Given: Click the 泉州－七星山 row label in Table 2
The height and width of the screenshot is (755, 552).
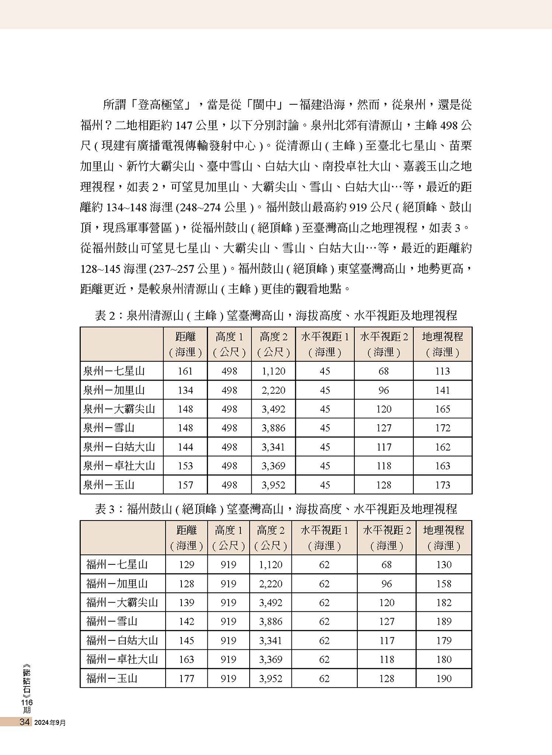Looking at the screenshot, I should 114,371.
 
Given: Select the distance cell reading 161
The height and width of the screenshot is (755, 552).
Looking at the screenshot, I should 185,371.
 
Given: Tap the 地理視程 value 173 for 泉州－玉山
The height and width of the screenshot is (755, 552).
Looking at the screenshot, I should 442,485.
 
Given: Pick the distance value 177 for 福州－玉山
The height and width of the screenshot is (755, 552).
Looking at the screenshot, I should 186,679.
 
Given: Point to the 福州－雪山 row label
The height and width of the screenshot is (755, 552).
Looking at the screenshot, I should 112,622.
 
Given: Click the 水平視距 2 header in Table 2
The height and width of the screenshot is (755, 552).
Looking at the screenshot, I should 383,344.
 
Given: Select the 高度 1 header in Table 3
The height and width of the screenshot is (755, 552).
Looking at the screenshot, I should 229,537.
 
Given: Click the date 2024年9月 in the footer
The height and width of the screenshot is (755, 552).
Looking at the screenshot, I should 50,723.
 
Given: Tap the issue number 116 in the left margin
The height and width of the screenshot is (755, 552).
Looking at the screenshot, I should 27,703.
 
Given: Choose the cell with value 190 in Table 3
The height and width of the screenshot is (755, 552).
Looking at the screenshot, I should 443,679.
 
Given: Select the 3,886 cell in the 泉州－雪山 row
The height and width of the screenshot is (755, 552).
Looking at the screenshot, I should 273,428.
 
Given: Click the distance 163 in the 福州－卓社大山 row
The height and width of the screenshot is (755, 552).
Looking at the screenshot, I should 186,660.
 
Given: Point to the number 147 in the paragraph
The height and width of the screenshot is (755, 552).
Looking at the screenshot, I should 183,126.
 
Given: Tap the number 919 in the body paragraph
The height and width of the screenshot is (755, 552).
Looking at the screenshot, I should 359,207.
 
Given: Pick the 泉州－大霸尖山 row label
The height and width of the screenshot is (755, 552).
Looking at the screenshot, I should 119,409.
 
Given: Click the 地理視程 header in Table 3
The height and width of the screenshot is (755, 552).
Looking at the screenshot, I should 443,537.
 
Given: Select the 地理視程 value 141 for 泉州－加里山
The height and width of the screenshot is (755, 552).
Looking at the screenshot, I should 442,390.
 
